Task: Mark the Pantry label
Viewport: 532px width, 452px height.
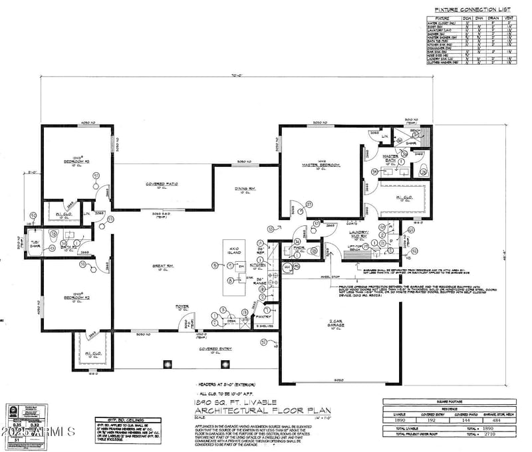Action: coord(265,317)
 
